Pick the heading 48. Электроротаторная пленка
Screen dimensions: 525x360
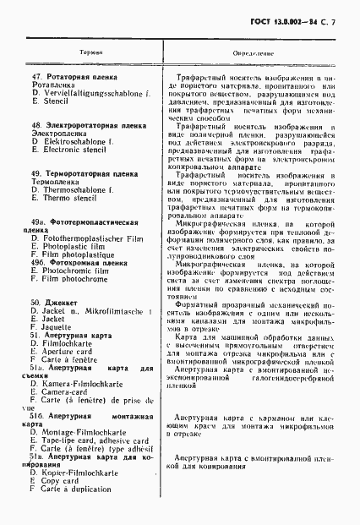point(82,124)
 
